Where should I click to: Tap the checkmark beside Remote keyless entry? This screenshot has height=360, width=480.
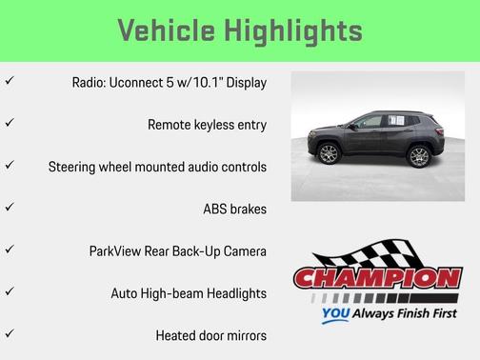click(9, 124)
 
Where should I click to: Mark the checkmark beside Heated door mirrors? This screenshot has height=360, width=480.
click(9, 334)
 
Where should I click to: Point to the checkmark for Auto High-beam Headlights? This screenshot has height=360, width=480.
click(9, 291)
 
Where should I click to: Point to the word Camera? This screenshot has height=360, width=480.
click(242, 250)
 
